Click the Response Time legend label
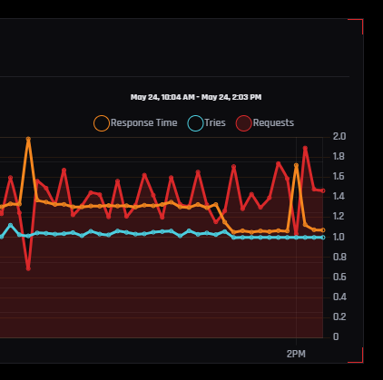point(143,122)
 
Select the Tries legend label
point(215,122)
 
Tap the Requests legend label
point(273,122)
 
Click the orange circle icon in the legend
point(102,123)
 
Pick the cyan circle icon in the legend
point(195,123)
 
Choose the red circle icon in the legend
point(243,123)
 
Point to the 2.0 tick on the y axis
point(339,136)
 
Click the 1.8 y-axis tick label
point(339,156)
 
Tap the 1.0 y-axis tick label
point(339,237)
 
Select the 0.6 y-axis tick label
point(339,277)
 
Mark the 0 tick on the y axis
point(336,336)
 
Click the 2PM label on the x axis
point(296,354)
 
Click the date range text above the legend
point(196,97)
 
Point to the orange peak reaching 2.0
point(28,139)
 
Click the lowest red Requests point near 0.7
point(28,268)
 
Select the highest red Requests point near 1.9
point(305,148)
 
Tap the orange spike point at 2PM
point(296,165)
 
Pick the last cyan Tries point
point(323,238)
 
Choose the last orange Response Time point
point(323,230)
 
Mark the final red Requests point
point(323,190)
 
